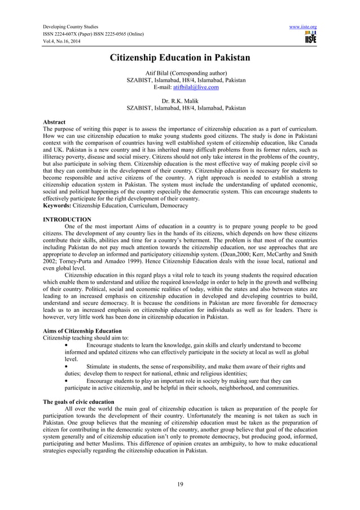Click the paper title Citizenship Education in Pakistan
point(179,58)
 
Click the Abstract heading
point(54,122)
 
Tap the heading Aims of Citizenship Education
point(82,330)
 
